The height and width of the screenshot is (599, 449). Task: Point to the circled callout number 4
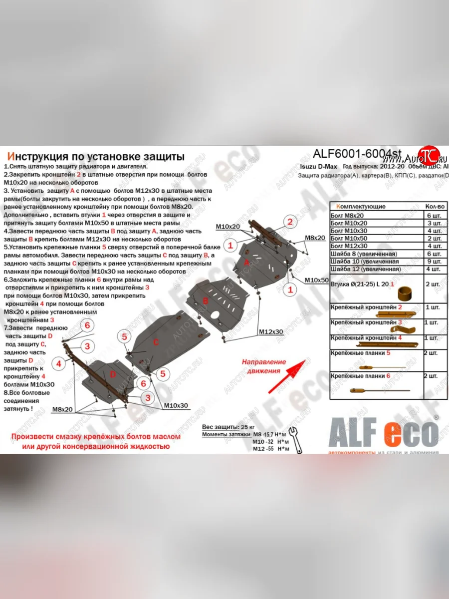point(59,363)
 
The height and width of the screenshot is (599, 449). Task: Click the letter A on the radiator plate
point(246,262)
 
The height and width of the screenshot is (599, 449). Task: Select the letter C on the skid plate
point(156,342)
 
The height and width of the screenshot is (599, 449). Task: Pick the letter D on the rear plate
point(113,374)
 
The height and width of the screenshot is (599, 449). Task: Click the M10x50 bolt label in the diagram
point(317,280)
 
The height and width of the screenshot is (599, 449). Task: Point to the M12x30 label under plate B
point(270,331)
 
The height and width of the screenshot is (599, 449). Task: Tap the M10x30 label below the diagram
point(176,405)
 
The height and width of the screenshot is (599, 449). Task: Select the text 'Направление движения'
point(264,366)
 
